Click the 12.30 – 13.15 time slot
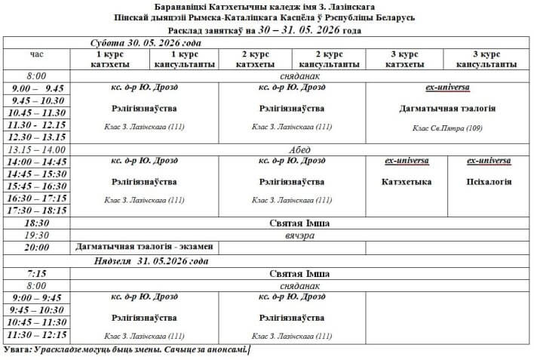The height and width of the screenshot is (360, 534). click(37, 137)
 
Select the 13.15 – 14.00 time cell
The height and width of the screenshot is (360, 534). click(37, 149)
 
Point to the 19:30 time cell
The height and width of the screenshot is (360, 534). click(37, 235)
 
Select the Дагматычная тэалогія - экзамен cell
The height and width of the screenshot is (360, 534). click(145, 247)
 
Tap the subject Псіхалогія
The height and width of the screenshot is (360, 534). click(489, 182)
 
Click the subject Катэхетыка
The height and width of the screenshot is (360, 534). click(407, 182)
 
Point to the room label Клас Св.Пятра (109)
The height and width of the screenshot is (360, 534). click(447, 128)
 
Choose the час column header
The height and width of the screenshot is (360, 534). click(37, 55)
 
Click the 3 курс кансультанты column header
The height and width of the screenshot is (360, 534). click(486, 60)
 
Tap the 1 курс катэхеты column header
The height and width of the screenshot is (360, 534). click(112, 60)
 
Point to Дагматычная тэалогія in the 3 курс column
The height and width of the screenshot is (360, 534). click(447, 109)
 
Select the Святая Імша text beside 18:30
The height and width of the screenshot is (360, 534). click(299, 223)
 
